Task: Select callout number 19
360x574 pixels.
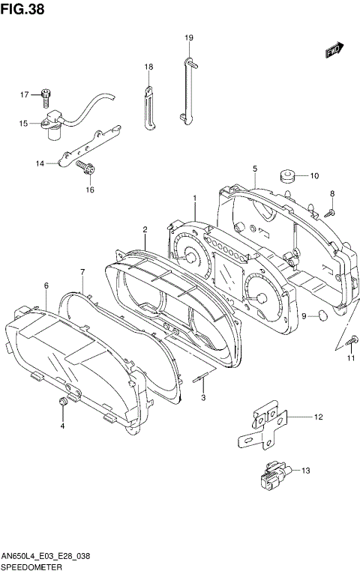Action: pos(189,37)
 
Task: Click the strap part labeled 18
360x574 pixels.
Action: pos(147,107)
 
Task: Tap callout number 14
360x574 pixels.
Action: pos(40,162)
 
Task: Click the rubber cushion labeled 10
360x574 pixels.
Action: pos(286,177)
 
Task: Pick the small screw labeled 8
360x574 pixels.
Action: pos(328,213)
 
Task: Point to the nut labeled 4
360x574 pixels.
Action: pos(63,405)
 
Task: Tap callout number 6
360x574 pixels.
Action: pos(46,286)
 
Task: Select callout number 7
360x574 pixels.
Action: pos(82,271)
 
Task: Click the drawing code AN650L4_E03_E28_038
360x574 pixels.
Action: pos(46,557)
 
